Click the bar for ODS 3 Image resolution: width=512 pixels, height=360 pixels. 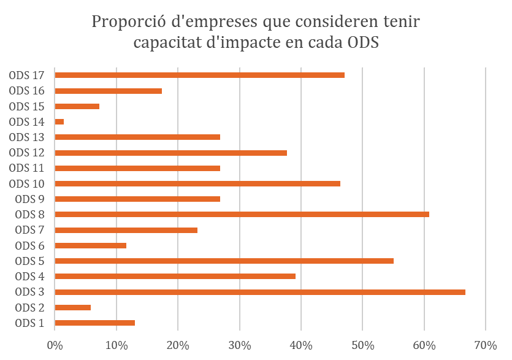pyautogui.click(x=260, y=292)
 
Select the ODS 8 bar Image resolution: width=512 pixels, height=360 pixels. pyautogui.click(x=242, y=215)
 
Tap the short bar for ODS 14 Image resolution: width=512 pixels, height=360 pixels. pyautogui.click(x=59, y=121)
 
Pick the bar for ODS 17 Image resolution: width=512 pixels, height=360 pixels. pyautogui.click(x=200, y=75)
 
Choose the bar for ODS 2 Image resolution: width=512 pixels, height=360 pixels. pyautogui.click(x=73, y=307)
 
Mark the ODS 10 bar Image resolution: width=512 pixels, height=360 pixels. pyautogui.click(x=197, y=183)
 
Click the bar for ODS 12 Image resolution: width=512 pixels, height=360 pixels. pyautogui.click(x=171, y=153)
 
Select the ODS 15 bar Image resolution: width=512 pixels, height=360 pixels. pyautogui.click(x=77, y=106)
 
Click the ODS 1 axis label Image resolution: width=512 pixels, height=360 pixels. pyautogui.click(x=29, y=323)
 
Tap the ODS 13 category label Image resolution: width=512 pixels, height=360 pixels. pyautogui.click(x=27, y=137)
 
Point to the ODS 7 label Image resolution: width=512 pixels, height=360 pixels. pyautogui.click(x=29, y=230)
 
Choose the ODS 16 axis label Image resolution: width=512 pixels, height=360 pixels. pyautogui.click(x=27, y=91)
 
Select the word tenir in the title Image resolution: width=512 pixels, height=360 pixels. pyautogui.click(x=402, y=23)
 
